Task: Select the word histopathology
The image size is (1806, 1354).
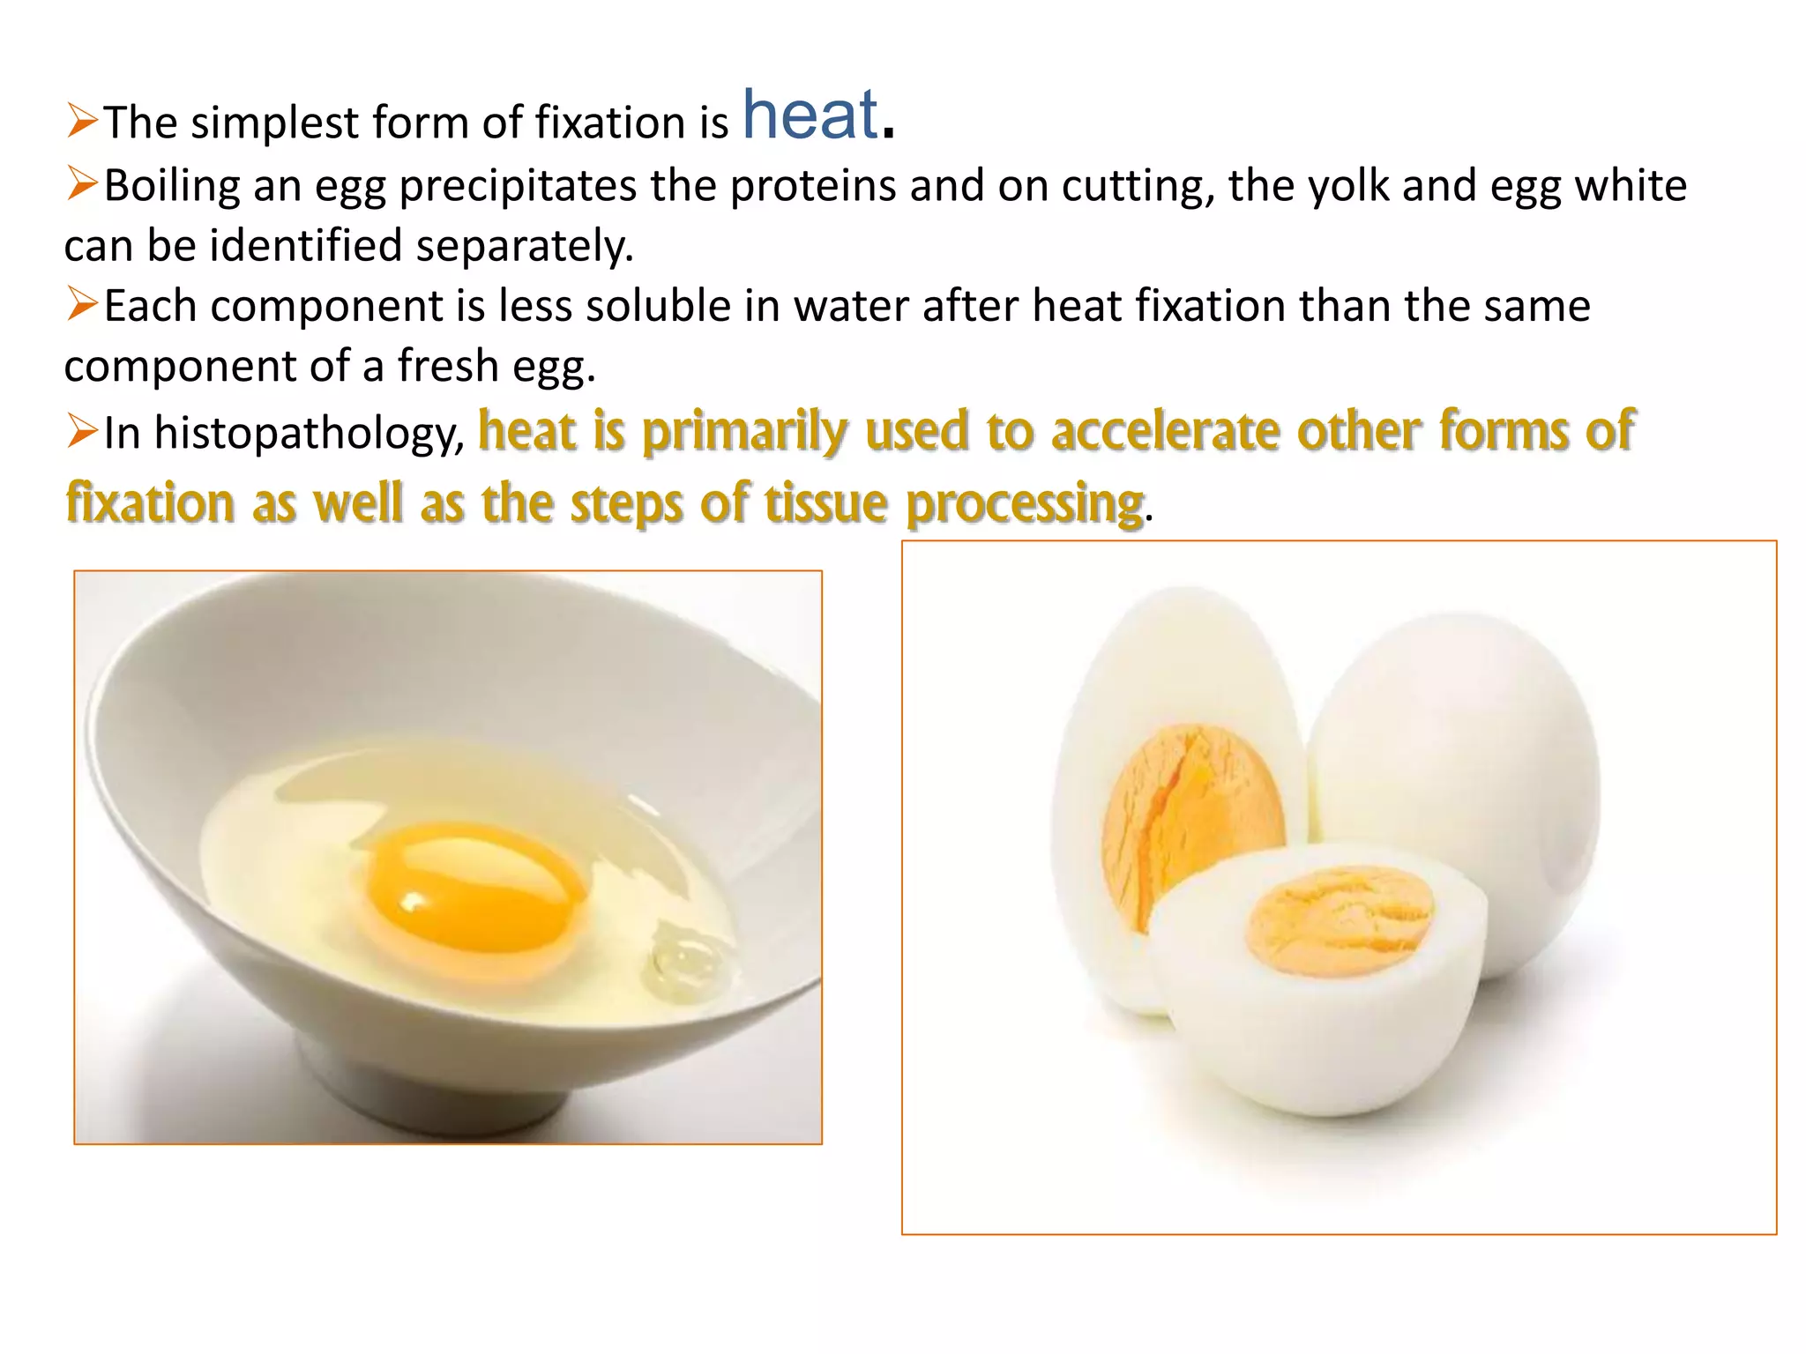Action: pyautogui.click(x=309, y=433)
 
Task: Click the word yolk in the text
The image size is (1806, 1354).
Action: pyautogui.click(x=1348, y=186)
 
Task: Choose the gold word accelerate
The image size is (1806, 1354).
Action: pyautogui.click(x=1165, y=431)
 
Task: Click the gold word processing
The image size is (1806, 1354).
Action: pyautogui.click(x=1025, y=503)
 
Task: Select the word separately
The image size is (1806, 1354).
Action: pyautogui.click(x=524, y=246)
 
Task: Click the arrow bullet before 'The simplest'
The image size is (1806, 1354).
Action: pyautogui.click(x=82, y=121)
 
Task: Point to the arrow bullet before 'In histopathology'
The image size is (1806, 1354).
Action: pyautogui.click(x=82, y=432)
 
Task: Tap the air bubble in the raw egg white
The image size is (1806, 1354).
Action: pyautogui.click(x=683, y=961)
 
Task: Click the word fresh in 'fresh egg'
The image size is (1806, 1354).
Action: pyautogui.click(x=448, y=366)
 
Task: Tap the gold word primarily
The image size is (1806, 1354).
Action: pyautogui.click(x=743, y=431)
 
